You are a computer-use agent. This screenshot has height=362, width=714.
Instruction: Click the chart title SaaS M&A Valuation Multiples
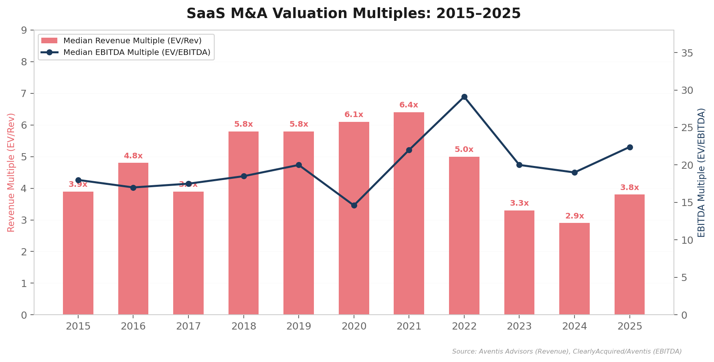(x=353, y=14)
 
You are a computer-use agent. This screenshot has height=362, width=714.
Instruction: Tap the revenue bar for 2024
(x=574, y=269)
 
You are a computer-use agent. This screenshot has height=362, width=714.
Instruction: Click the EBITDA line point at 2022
(x=464, y=97)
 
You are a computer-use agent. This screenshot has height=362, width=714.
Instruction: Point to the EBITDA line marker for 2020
(x=354, y=205)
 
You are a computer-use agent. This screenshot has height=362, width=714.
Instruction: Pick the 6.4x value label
(x=409, y=105)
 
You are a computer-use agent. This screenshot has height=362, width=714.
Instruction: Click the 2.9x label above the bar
(x=574, y=216)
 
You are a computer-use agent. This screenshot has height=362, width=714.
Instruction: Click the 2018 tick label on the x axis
(x=243, y=326)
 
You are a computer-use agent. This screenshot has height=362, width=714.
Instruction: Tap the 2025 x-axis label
(x=629, y=326)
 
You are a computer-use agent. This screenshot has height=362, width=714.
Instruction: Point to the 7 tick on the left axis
(x=24, y=93)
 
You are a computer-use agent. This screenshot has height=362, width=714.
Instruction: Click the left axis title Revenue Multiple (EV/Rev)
(x=11, y=172)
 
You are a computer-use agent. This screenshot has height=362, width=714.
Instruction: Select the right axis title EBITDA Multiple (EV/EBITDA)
(x=701, y=172)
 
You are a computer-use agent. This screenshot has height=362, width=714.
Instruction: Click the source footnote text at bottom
(x=566, y=352)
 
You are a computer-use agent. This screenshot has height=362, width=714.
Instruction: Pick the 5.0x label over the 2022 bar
(x=464, y=150)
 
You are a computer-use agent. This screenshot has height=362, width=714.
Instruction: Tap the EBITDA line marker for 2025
(x=629, y=147)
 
